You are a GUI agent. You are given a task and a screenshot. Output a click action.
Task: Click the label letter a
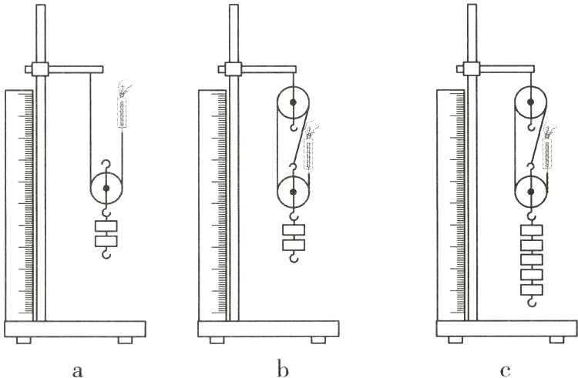(x=77, y=371)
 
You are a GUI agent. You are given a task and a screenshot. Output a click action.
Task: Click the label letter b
(x=282, y=370)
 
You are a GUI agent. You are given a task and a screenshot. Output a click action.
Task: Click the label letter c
(x=505, y=371)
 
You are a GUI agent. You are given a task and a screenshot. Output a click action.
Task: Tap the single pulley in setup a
(x=106, y=188)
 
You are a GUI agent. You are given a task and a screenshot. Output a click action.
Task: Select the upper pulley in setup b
(x=293, y=102)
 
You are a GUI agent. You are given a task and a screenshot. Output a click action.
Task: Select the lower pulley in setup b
(x=293, y=192)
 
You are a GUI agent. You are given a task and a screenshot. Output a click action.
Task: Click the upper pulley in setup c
(x=531, y=102)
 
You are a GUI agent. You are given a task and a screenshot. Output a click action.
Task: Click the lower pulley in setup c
(x=531, y=192)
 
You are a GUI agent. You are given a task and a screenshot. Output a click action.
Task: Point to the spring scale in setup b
(x=308, y=154)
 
